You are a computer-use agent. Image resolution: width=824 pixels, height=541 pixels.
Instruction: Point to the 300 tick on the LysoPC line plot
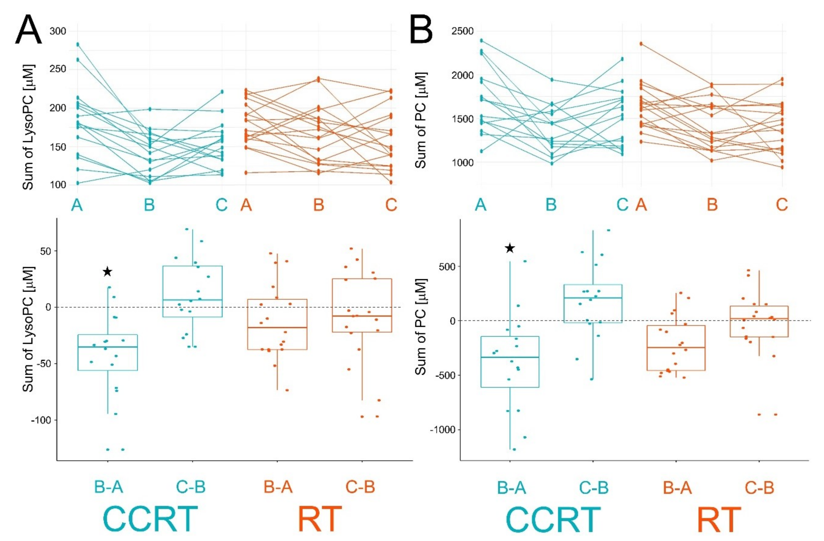(58, 31)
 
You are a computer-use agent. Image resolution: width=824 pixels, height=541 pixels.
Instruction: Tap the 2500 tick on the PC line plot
(462, 31)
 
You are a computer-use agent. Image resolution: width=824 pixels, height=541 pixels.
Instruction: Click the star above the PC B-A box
(510, 248)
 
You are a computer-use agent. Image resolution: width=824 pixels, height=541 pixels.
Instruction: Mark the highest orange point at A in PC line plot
(641, 44)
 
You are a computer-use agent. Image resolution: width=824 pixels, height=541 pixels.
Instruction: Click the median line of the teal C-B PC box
(593, 298)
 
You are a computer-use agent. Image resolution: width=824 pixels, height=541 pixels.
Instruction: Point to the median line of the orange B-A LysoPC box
(277, 327)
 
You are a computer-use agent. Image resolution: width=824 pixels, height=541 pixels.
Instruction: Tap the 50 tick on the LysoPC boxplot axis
(45, 251)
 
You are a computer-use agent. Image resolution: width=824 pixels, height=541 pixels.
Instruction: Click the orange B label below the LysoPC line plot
(319, 205)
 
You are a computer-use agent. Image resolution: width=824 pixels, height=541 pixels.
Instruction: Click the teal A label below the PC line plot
(481, 205)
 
